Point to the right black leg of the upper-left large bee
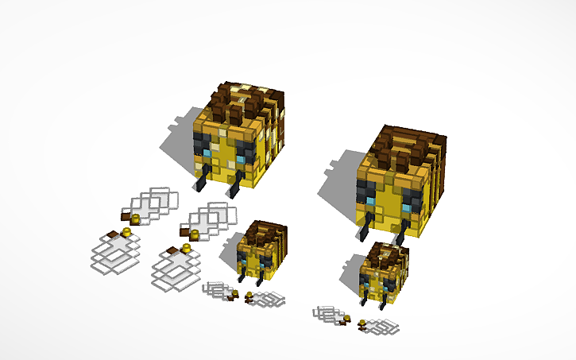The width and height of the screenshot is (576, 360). coord(235,188)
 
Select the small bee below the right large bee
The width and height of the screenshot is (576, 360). coord(383,275)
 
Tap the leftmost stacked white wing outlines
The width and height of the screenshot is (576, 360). coord(111,254)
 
